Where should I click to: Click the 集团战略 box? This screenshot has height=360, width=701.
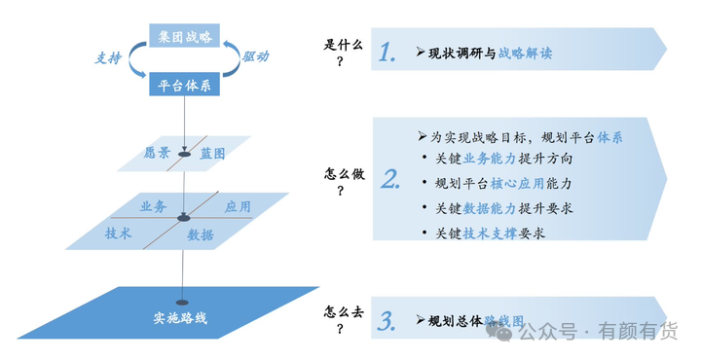click(184, 36)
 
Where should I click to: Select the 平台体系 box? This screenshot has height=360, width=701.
click(184, 84)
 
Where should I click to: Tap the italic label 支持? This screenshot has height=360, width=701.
click(108, 58)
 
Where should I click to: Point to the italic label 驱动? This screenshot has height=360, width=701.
click(256, 55)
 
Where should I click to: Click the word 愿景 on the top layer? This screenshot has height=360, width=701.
click(157, 153)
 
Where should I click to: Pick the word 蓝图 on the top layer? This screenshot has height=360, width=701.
click(212, 154)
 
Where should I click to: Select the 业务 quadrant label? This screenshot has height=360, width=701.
click(154, 206)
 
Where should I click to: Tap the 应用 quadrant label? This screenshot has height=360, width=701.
click(238, 206)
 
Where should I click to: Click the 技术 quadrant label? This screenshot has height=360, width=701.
click(119, 234)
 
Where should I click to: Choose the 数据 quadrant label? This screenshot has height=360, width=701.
click(201, 234)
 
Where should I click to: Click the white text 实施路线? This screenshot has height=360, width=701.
click(180, 318)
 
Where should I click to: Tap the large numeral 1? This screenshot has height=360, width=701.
click(387, 53)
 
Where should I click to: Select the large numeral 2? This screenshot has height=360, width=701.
click(390, 179)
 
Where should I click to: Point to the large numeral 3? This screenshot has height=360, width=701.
click(387, 321)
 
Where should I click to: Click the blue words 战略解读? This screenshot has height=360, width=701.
click(526, 54)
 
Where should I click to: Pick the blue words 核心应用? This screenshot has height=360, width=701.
click(517, 184)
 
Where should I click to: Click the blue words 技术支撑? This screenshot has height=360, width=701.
click(490, 234)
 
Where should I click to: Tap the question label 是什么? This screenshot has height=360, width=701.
click(343, 45)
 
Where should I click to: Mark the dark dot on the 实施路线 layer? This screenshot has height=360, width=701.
click(182, 303)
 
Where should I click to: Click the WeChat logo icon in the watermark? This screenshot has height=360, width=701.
click(501, 331)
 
